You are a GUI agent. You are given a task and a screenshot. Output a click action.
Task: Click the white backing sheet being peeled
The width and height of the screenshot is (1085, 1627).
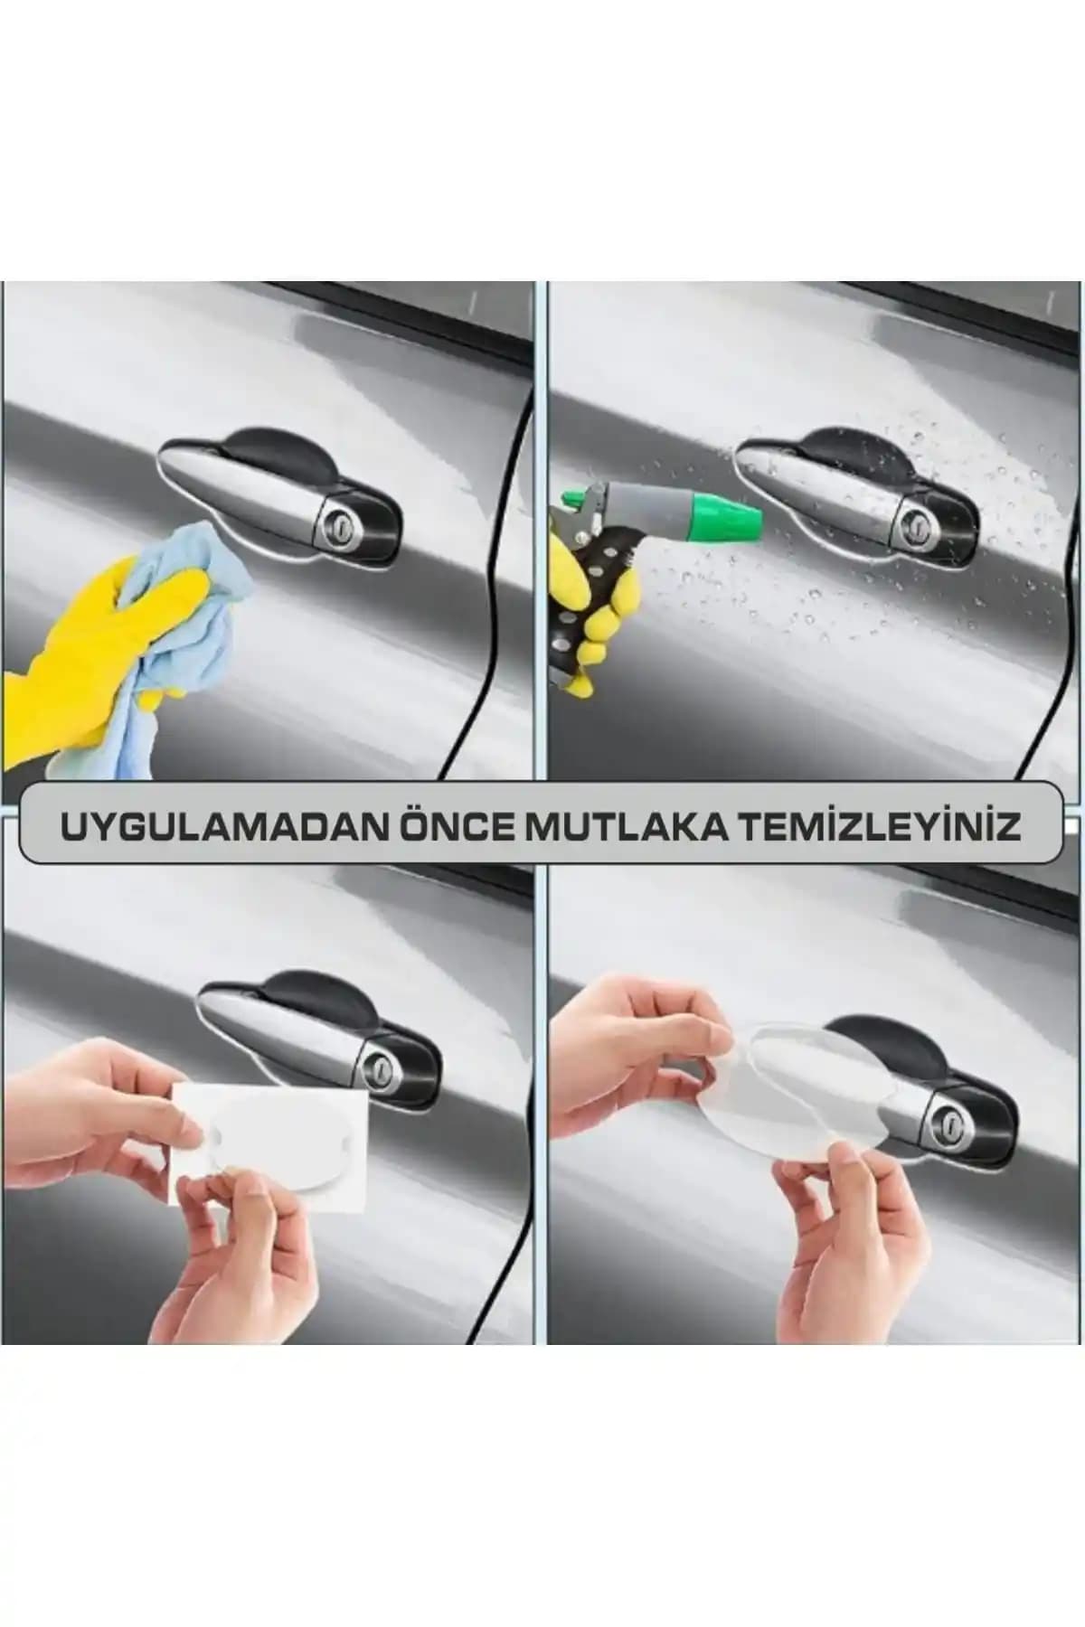point(271,1139)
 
